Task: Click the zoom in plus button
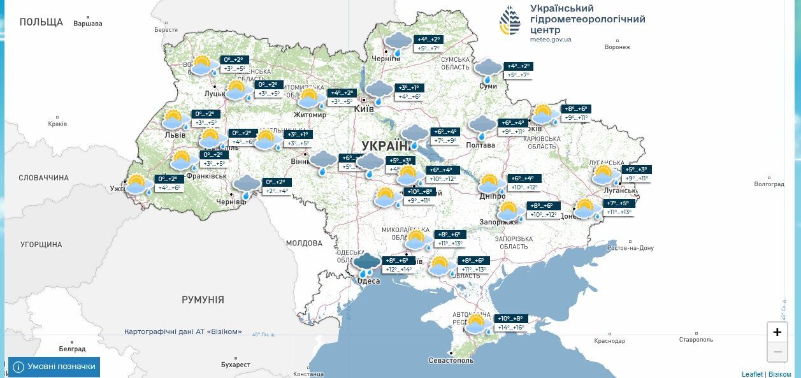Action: [777, 331]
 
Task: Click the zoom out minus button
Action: [777, 351]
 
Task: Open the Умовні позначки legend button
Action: [54, 367]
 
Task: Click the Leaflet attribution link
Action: [752, 374]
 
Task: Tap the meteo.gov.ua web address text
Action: [551, 40]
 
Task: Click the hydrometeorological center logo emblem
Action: [509, 20]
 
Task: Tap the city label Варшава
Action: [88, 24]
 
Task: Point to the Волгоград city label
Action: [769, 184]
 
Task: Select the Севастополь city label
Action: [451, 360]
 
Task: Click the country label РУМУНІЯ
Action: [203, 299]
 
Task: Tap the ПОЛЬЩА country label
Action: [41, 22]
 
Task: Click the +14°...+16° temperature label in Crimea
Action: [510, 328]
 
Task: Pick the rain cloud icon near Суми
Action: [488, 69]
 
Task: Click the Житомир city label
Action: [310, 115]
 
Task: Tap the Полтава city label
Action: [480, 145]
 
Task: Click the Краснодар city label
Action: [610, 341]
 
